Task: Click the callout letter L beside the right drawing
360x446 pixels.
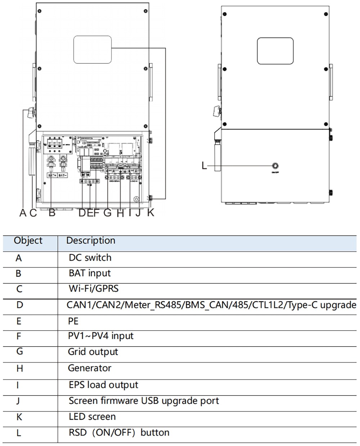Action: tap(204, 166)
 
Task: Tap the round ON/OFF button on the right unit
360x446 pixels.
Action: tap(275, 166)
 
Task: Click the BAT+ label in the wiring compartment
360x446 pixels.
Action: tap(52, 175)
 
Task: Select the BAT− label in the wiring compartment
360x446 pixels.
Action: tap(63, 175)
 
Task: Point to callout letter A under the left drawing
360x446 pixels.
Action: tap(23, 213)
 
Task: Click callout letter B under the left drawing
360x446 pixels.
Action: tap(52, 213)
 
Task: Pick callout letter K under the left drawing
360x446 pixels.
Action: tap(151, 213)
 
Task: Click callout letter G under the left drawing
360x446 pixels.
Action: tap(107, 213)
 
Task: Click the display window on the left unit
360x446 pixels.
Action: tap(92, 49)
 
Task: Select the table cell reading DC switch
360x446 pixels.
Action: tap(90, 258)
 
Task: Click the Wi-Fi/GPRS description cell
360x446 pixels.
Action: tap(94, 289)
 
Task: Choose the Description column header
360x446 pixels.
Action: tap(91, 241)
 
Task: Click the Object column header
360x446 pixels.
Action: tap(28, 241)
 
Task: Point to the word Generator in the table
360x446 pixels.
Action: tap(90, 368)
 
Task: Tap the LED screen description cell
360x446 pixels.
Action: tap(92, 417)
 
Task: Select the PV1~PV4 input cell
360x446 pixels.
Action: tap(101, 336)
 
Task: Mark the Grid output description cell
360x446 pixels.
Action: tap(93, 352)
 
